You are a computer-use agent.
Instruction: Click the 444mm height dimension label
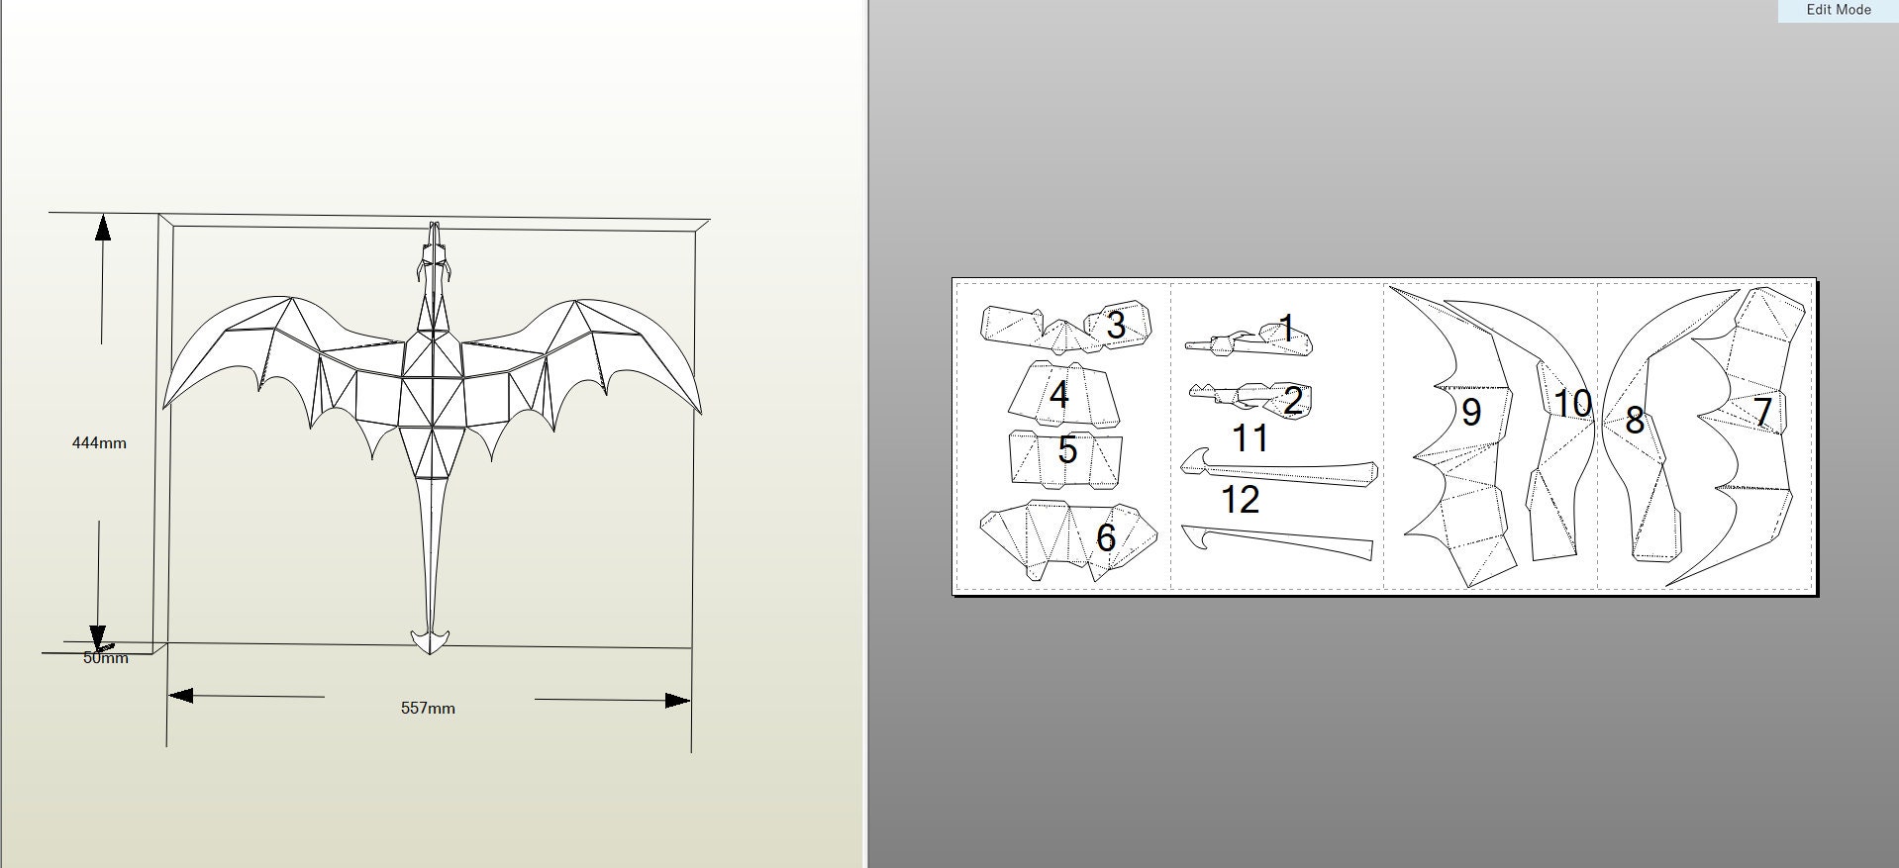(99, 443)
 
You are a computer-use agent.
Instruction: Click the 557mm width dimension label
(428, 709)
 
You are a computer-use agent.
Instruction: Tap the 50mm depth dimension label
(105, 658)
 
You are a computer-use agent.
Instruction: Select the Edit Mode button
(1838, 10)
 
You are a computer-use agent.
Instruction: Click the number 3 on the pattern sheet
(1116, 325)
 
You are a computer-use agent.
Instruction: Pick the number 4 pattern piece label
(1058, 395)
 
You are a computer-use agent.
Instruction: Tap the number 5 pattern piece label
(1066, 449)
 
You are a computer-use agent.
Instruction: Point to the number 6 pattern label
(1106, 537)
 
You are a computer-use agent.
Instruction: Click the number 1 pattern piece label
(1287, 328)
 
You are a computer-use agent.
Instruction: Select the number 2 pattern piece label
(1292, 401)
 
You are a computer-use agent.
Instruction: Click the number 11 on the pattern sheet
(1249, 437)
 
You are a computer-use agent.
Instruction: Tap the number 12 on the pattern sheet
(1240, 500)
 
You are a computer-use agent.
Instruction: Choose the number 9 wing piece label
(1470, 412)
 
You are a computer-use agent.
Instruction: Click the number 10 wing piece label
(1572, 404)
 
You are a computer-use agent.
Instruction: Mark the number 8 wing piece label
(1635, 421)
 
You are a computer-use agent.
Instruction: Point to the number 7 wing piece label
(1762, 412)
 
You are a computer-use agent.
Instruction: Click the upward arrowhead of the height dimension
(102, 227)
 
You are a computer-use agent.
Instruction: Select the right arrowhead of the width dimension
(678, 701)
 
